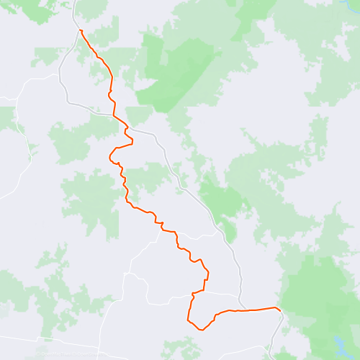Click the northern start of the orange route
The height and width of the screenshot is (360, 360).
tap(81, 30)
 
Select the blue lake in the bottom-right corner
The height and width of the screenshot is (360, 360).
tap(338, 343)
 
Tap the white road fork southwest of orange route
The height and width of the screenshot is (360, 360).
tap(129, 274)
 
